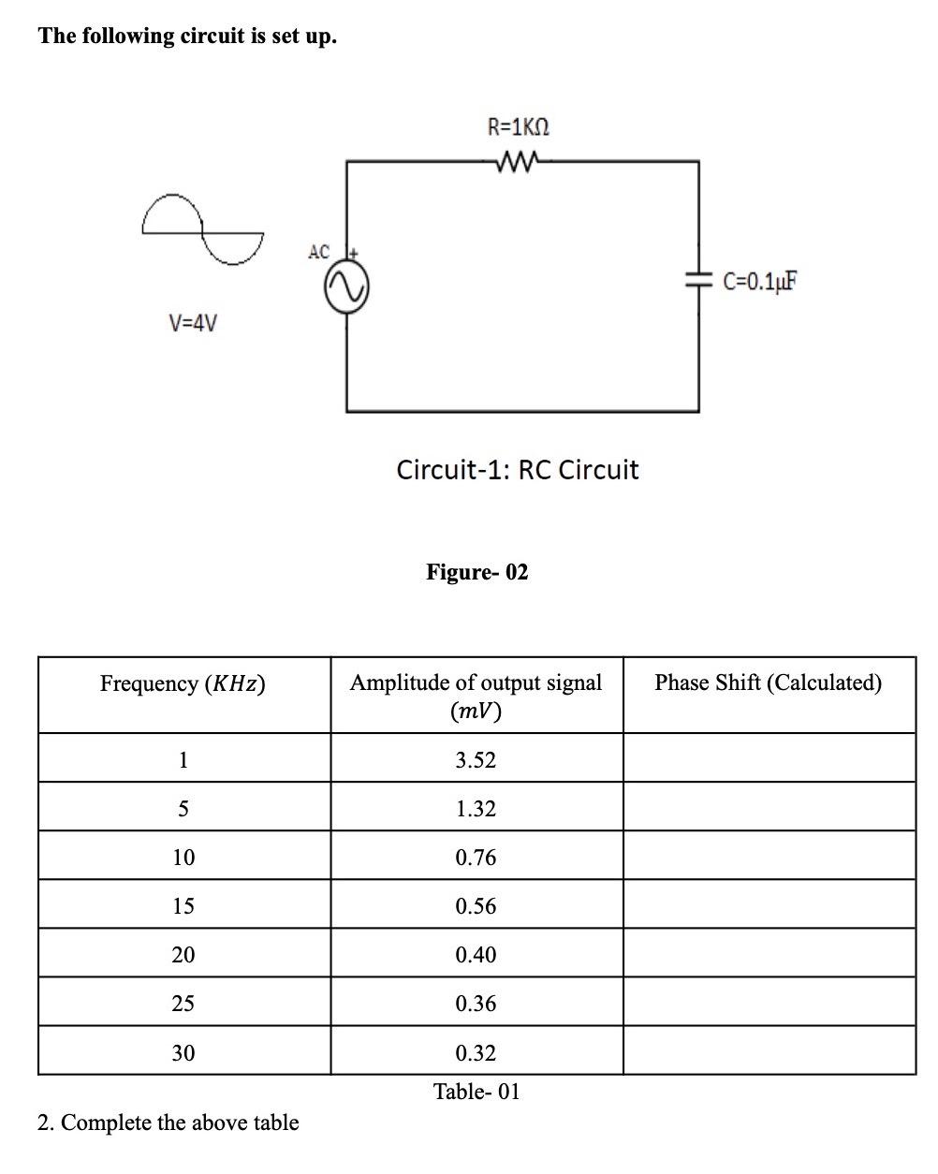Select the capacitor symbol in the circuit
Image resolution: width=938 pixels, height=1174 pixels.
697,279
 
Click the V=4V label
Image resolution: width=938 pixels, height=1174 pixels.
193,324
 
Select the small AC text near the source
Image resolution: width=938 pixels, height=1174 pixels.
318,252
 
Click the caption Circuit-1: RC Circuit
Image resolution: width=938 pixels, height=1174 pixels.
517,469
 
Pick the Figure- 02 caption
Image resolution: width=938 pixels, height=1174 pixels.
476,571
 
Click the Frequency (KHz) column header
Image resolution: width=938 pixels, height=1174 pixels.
183,684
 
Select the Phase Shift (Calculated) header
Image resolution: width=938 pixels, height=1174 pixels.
768,682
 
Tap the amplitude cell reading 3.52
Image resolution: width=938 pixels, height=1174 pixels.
476,760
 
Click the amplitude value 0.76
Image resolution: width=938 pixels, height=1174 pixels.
476,858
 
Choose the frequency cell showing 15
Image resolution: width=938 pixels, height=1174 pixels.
183,906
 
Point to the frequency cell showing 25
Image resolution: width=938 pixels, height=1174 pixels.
183,1004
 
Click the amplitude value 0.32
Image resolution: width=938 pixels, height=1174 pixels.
476,1053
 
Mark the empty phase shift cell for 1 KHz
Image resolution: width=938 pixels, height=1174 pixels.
769,758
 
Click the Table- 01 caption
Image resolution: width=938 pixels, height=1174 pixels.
476,1092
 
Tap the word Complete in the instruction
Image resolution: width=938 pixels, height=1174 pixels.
106,1123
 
